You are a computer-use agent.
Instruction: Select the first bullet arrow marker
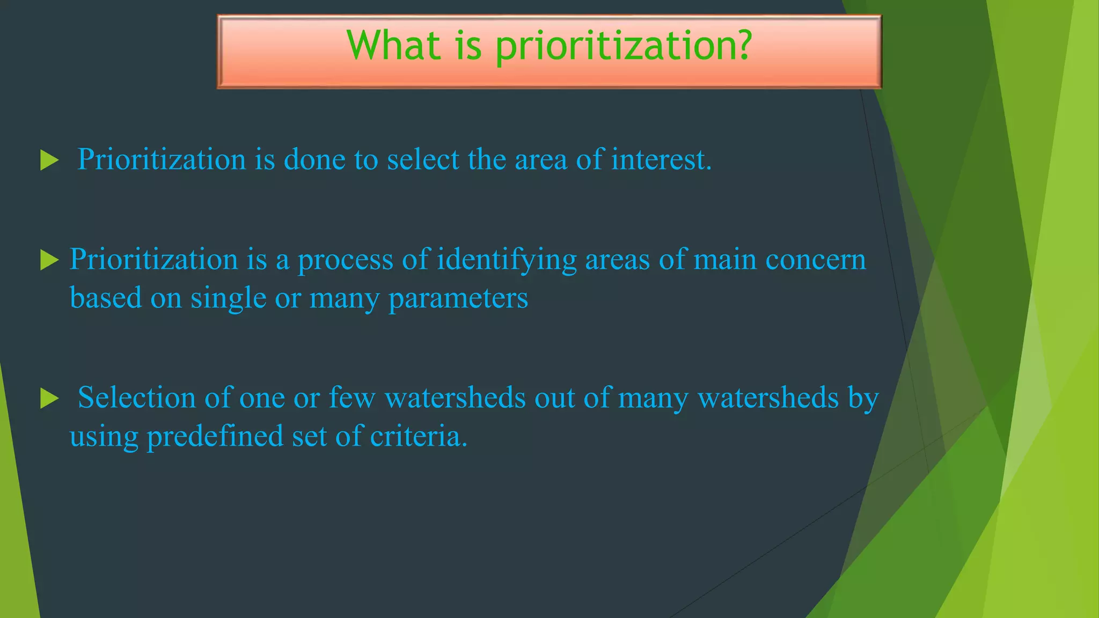click(x=49, y=160)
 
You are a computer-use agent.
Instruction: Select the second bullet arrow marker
click(x=49, y=261)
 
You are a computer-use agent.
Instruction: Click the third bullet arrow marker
click(x=49, y=399)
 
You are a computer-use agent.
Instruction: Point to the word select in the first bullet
click(x=423, y=159)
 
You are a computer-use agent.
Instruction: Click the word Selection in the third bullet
click(x=136, y=398)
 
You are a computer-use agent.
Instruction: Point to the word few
click(x=351, y=398)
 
